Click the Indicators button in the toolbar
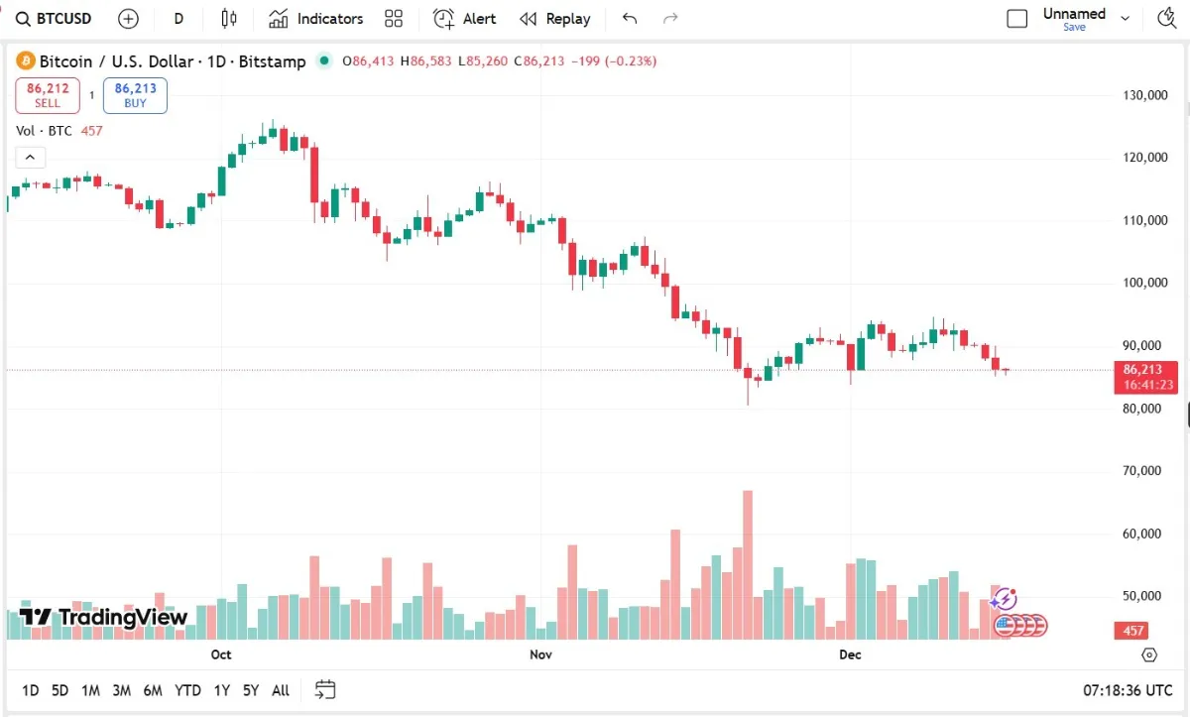[x=316, y=19]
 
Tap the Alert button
[x=465, y=19]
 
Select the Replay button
[x=555, y=19]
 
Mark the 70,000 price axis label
[x=1144, y=471]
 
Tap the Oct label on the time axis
[x=221, y=655]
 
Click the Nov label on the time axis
[x=540, y=655]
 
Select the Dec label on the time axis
[x=850, y=655]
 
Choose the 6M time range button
[x=153, y=690]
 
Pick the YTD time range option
[x=187, y=690]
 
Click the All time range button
[x=281, y=690]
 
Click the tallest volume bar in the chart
[x=748, y=565]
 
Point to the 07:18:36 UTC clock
[x=1128, y=689]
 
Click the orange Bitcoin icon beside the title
[x=26, y=61]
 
